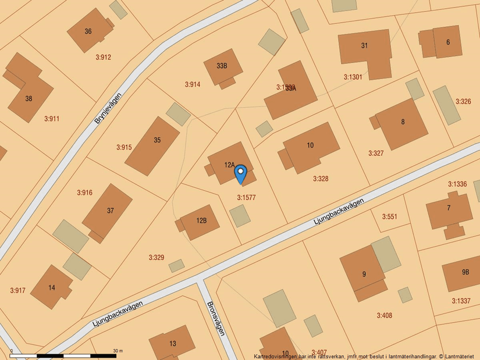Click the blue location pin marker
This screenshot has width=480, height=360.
click(240, 173)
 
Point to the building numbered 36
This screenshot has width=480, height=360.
click(88, 31)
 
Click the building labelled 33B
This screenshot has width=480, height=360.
click(222, 66)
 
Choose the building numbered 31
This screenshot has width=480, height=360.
click(365, 46)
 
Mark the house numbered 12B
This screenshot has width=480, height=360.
click(201, 220)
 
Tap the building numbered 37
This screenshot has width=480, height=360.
click(111, 211)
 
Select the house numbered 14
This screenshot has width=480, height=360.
click(52, 287)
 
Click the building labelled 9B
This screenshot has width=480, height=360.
click(465, 272)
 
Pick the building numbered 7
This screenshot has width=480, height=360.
click(449, 208)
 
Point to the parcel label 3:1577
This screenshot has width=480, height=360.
click(247, 198)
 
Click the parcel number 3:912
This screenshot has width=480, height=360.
click(103, 57)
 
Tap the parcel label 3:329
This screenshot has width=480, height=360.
click(156, 257)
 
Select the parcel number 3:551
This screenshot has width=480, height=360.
click(390, 216)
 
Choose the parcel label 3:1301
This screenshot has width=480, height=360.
click(353, 77)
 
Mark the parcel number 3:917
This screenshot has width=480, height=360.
click(18, 290)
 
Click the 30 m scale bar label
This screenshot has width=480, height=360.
click(118, 351)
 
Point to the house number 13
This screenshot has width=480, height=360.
click(173, 344)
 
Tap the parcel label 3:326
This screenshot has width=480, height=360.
click(463, 101)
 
